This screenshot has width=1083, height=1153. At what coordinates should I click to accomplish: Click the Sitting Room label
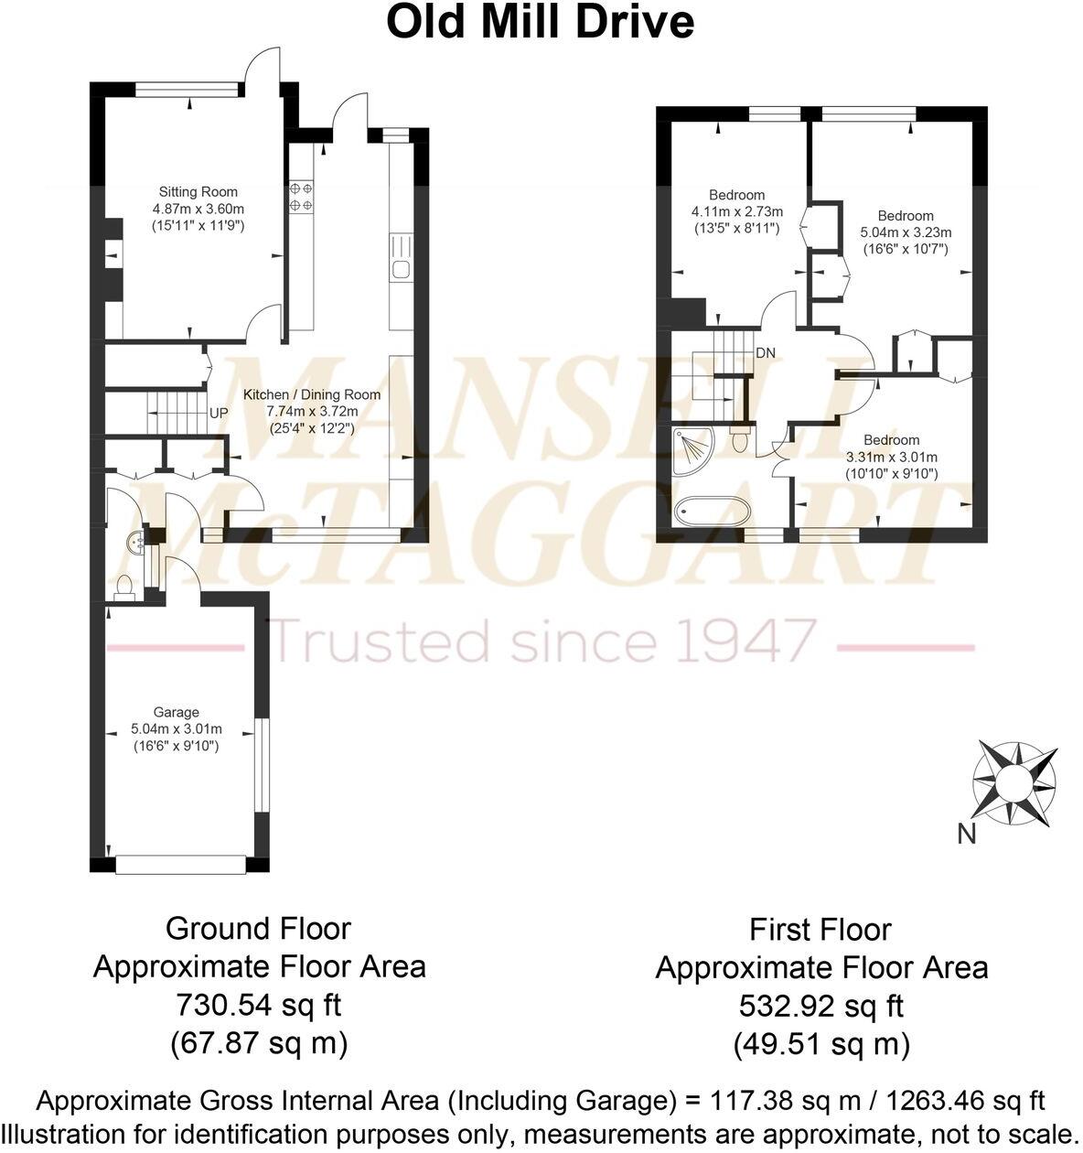click(x=198, y=192)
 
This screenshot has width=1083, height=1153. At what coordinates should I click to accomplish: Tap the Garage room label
click(x=177, y=712)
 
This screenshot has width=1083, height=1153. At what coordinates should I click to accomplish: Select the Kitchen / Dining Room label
click(x=311, y=394)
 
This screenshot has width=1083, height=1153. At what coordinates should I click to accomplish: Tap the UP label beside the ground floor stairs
click(x=219, y=414)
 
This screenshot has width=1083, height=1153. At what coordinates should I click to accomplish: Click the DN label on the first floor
click(x=766, y=352)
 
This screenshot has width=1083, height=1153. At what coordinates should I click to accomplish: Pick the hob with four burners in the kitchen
click(x=302, y=196)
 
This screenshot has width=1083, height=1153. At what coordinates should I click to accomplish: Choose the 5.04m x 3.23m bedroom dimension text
click(x=906, y=232)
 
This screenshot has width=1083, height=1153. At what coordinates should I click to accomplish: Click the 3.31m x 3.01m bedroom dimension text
click(x=891, y=457)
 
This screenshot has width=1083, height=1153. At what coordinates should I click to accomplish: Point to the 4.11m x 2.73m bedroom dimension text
click(x=736, y=211)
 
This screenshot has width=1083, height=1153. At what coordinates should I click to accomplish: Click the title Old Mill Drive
click(x=540, y=22)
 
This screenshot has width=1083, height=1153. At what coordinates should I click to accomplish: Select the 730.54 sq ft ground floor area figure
click(x=258, y=1005)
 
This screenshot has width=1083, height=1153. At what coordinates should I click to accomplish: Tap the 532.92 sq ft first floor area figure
click(x=820, y=1006)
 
